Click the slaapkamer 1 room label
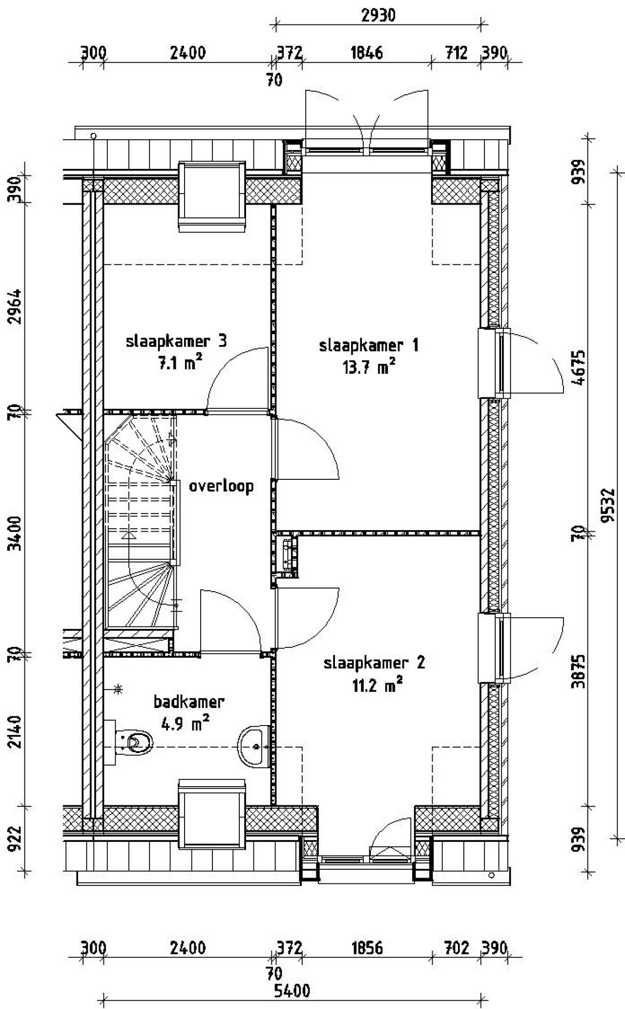pyautogui.click(x=369, y=346)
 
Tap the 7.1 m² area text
pyautogui.click(x=179, y=364)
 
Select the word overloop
pyautogui.click(x=221, y=486)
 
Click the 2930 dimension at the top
pyautogui.click(x=378, y=16)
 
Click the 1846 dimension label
pyautogui.click(x=367, y=52)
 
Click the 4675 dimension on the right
pyautogui.click(x=580, y=367)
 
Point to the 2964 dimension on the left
pyautogui.click(x=16, y=307)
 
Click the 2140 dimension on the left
pyautogui.click(x=16, y=731)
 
